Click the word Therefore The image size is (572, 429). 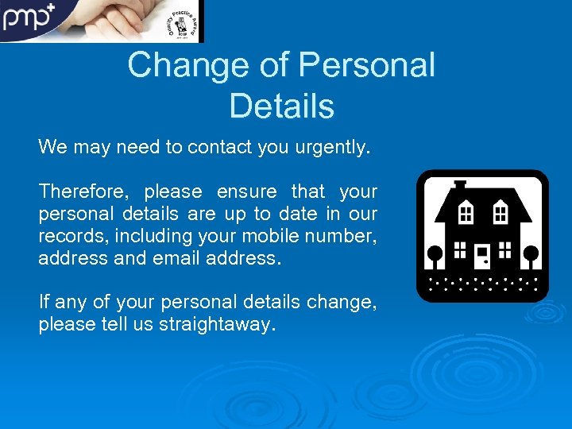85,191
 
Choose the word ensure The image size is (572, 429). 246,191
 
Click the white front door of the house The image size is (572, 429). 483,256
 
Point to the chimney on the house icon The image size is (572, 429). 460,187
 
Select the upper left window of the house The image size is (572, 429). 467,212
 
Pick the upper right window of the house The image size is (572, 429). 500,212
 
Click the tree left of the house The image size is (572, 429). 435,257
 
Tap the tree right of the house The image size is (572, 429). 531,257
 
